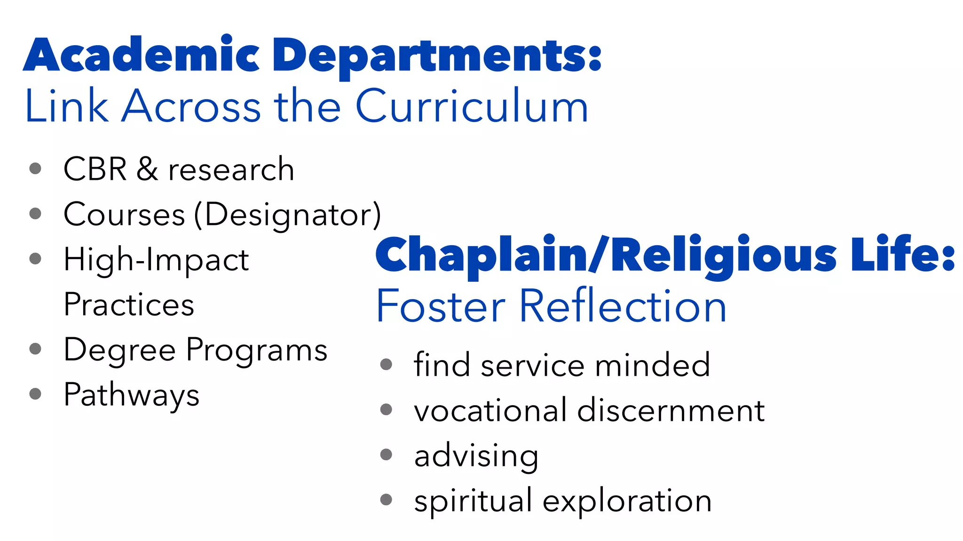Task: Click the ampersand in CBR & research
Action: [x=147, y=169]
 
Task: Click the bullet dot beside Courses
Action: [x=35, y=214]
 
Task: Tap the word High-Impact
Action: [x=156, y=260]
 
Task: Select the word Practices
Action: [x=129, y=305]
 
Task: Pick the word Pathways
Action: [x=131, y=395]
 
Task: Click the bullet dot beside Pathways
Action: [x=35, y=394]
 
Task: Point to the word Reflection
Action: [x=623, y=306]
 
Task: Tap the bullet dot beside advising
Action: [x=386, y=455]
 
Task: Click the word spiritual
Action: [x=473, y=501]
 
